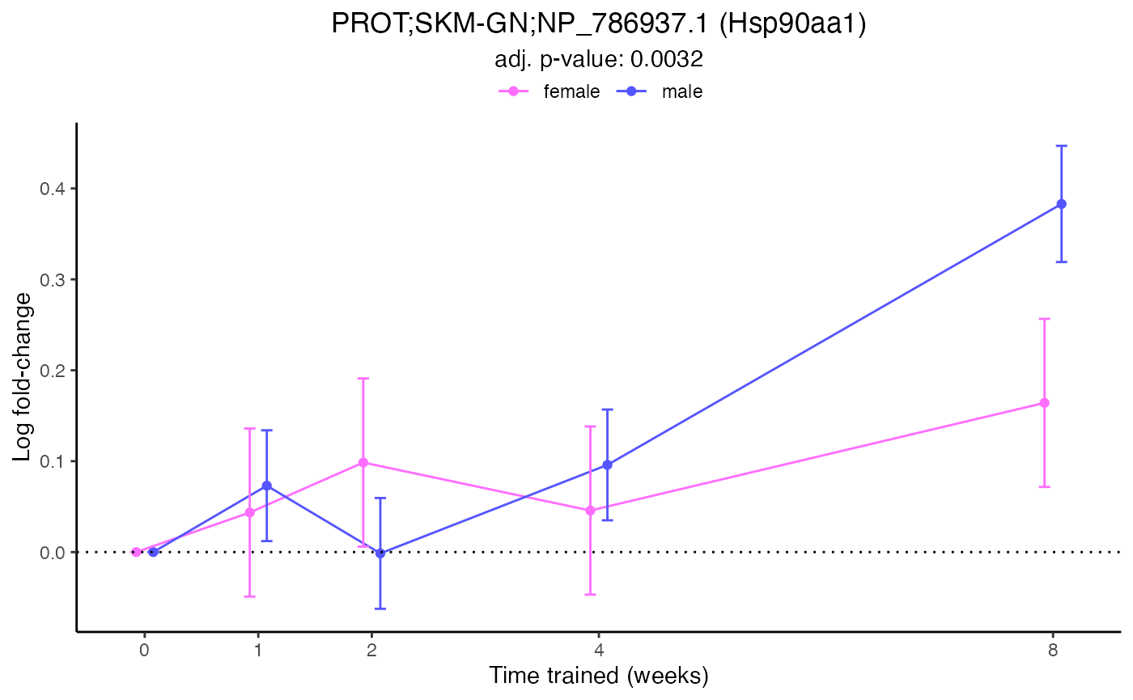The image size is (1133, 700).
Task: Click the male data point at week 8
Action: tap(1061, 204)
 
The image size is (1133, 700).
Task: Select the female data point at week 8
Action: tap(1044, 403)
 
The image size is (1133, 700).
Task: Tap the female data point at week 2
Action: tap(363, 462)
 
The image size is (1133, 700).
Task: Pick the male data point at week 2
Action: tap(380, 554)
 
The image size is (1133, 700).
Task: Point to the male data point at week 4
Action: tap(607, 465)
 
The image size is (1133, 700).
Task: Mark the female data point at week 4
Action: tap(590, 511)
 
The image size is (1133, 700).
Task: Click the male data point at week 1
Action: tap(266, 486)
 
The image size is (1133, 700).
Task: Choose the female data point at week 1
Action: tap(249, 512)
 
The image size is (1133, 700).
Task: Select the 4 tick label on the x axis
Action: tap(599, 650)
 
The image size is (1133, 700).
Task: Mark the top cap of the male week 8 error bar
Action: tap(1061, 146)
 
